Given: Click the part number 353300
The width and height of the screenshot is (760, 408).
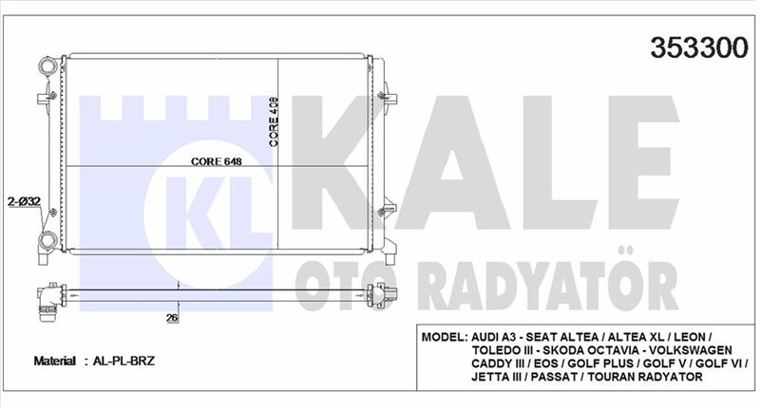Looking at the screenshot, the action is tap(699, 47).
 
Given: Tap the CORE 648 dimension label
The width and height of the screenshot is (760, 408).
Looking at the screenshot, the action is tap(217, 161).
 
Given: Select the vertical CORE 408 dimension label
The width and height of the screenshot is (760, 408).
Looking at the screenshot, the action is tap(274, 122).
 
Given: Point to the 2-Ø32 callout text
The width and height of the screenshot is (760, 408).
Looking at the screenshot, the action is tap(24, 201).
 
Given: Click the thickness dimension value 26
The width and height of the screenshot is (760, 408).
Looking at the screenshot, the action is tap(172, 318).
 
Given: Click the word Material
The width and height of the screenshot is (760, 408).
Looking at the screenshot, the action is tap(55, 362).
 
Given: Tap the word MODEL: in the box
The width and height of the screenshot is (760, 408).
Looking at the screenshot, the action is tap(445, 337).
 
